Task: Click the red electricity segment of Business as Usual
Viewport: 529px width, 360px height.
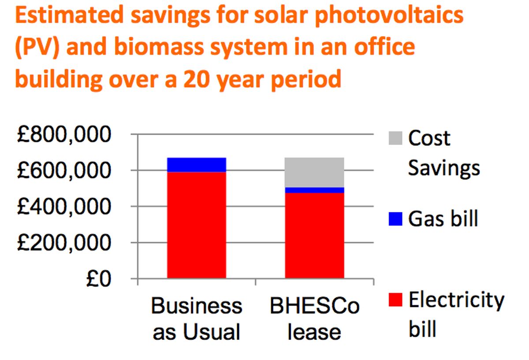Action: (x=197, y=225)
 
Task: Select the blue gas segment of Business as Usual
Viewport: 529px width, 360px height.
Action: (x=197, y=164)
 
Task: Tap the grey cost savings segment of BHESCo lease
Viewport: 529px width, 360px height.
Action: (x=314, y=172)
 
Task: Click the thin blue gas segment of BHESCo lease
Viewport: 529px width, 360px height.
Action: (x=314, y=190)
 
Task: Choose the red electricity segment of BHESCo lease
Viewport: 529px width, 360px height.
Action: (x=314, y=235)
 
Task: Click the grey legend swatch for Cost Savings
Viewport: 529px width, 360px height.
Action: (x=395, y=138)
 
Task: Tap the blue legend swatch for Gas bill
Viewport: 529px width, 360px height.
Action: (x=395, y=219)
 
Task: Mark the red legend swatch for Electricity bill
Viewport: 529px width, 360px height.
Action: (x=395, y=300)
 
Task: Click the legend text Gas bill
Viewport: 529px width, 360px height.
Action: (x=443, y=218)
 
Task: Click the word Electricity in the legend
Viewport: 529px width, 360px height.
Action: (x=456, y=300)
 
